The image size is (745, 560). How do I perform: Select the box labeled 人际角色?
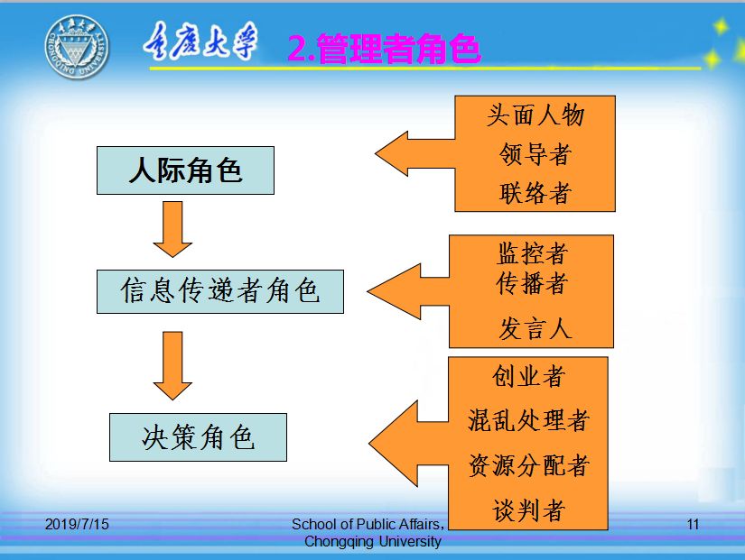tap(185, 170)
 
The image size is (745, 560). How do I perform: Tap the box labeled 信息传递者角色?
tap(220, 290)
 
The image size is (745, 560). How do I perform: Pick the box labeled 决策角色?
tap(198, 437)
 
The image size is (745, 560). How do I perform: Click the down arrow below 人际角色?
tap(172, 228)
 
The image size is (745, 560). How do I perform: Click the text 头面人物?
tap(535, 115)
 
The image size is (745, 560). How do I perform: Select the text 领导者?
tap(535, 154)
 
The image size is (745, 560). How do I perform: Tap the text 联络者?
tap(535, 193)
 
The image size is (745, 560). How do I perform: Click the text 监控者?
tap(532, 253)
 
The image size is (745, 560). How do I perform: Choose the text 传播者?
tap(532, 284)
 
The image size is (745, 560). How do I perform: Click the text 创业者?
tap(528, 376)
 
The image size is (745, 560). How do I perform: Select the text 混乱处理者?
tap(528, 420)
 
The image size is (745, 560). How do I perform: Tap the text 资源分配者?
tap(528, 465)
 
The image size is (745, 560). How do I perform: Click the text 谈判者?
tap(528, 511)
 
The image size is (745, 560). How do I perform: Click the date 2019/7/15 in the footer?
tap(76, 524)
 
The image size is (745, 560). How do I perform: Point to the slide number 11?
tap(694, 524)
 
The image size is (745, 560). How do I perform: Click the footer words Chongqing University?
tap(373, 542)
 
